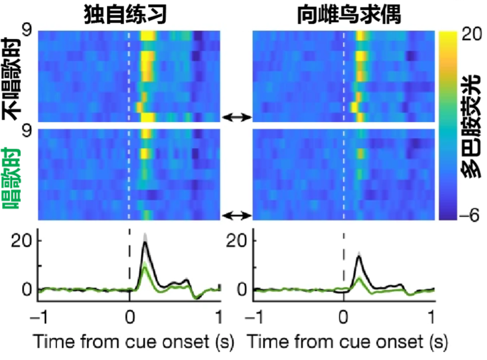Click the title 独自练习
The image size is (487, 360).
coord(125,14)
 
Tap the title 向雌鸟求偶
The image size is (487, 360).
coord(349,14)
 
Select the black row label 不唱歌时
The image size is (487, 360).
coord(11,79)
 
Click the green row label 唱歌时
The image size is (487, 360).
coord(11,178)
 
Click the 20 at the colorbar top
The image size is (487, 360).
coord(472,34)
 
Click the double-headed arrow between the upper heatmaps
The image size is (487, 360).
coord(237,117)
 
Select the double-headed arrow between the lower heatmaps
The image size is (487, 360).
coord(237,215)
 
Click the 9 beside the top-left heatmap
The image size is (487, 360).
coord(27,31)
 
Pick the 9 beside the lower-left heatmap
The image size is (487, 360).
coord(27,131)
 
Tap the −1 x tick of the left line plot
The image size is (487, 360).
coord(39,317)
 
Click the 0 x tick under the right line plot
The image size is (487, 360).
coord(343,317)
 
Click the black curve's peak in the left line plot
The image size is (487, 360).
coord(144,242)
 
